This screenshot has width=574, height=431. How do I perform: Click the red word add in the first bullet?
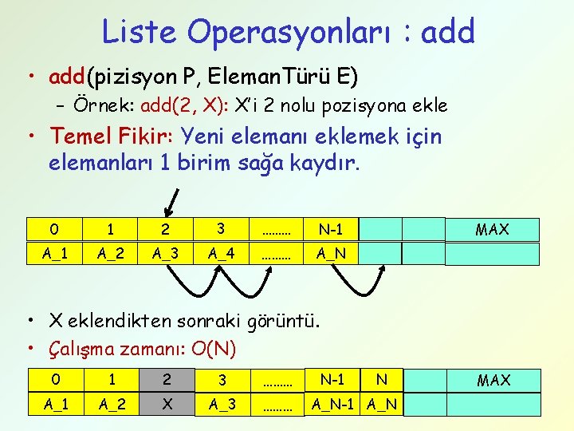[x=67, y=77]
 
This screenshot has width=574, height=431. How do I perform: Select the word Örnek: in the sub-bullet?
[x=104, y=105]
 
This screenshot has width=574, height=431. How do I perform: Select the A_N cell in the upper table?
[x=330, y=254]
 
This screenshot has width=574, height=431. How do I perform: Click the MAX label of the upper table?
[x=492, y=230]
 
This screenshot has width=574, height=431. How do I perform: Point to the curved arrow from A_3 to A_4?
[x=192, y=283]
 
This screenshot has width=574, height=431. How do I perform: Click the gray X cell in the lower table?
[x=167, y=405]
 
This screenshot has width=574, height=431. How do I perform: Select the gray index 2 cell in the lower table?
[x=167, y=380]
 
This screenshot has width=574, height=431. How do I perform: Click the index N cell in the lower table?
[x=381, y=380]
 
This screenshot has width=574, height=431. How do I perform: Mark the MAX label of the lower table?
[x=493, y=381]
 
